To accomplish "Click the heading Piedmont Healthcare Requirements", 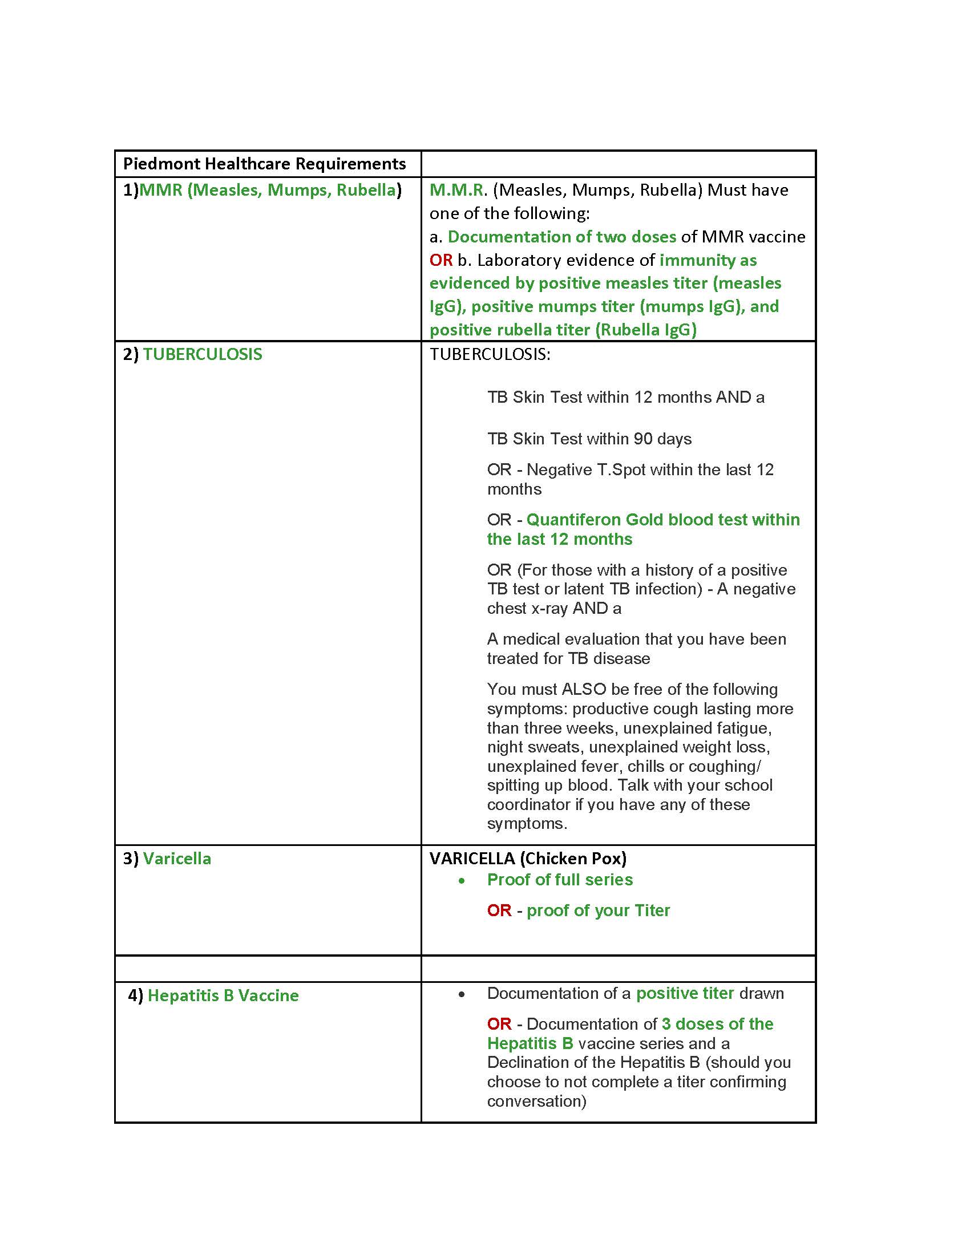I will click(264, 164).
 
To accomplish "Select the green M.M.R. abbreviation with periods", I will click(458, 190).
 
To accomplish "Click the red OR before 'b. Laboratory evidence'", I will click(440, 260).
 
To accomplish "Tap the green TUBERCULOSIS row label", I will click(203, 354).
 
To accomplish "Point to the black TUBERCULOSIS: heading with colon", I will click(490, 354).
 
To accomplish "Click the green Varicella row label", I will click(177, 859).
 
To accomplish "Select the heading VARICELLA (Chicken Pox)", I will click(528, 859).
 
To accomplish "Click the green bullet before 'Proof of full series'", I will click(462, 881).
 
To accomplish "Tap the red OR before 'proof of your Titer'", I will click(499, 910).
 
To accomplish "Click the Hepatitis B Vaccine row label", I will click(223, 995).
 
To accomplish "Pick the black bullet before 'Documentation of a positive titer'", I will click(462, 995).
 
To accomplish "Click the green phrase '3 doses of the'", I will click(717, 1024).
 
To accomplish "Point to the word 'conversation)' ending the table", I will click(536, 1101).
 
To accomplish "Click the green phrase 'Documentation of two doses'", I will click(561, 237).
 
